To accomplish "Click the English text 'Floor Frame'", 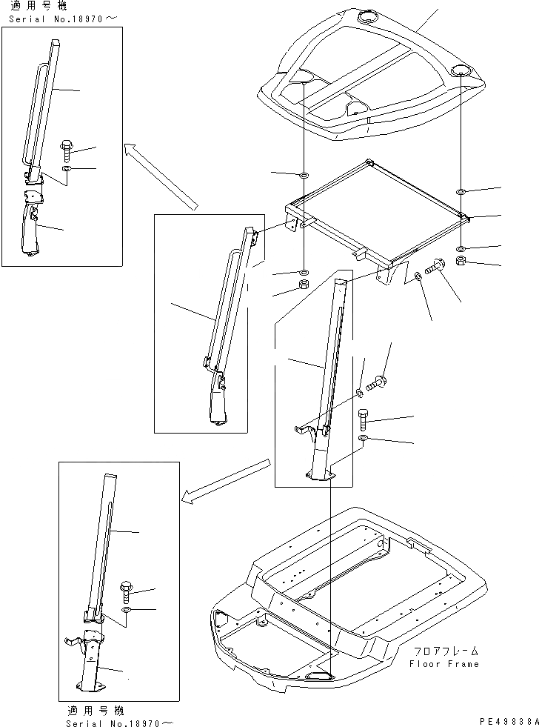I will coord(444,664).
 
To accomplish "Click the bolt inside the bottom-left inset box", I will coord(125,591).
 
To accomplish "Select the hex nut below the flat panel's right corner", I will coord(461,262).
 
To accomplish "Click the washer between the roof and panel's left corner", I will coord(304,176).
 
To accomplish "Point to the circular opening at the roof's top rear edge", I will coord(368,17).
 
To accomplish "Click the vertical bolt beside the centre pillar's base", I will coord(363,419).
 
